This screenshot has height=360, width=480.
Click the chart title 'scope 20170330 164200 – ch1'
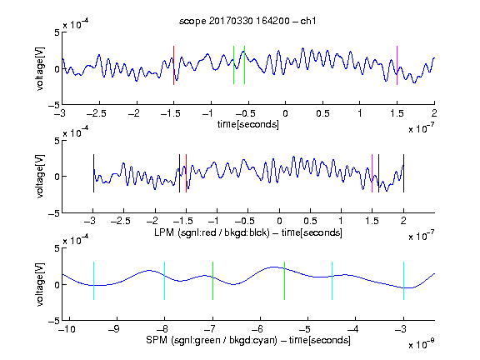click(x=247, y=21)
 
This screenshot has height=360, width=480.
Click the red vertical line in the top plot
click(x=173, y=65)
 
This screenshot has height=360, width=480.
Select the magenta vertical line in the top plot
click(x=397, y=65)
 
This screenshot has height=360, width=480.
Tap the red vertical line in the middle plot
click(x=186, y=173)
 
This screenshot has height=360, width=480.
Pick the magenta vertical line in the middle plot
click(x=372, y=173)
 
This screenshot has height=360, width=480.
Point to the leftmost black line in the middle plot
click(x=93, y=173)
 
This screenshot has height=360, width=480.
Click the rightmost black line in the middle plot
click(x=404, y=173)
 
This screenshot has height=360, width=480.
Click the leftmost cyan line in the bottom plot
click(x=93, y=281)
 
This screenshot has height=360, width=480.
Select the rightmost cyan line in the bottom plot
click(x=404, y=281)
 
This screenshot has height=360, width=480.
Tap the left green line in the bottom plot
click(x=212, y=281)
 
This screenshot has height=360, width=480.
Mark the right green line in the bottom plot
click(x=284, y=281)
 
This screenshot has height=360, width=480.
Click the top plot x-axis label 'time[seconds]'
click(x=248, y=125)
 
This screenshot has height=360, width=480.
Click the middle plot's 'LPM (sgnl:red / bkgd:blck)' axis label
click(x=212, y=232)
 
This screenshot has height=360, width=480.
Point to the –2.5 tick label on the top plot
click(x=97, y=113)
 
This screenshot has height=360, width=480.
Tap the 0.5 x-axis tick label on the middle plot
click(x=310, y=221)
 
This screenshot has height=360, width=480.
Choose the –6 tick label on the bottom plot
click(x=257, y=329)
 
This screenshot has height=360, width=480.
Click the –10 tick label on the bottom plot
click(x=67, y=329)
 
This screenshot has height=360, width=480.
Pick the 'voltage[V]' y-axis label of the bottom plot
click(x=40, y=284)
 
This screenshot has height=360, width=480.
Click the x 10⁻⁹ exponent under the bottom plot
click(x=422, y=344)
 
